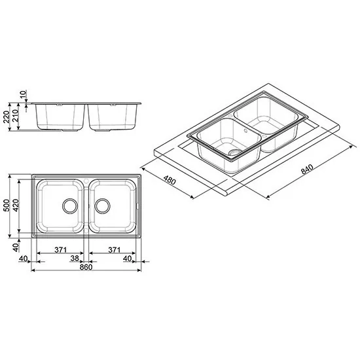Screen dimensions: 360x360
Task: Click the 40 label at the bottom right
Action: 128,259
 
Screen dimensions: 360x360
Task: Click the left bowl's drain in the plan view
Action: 69,206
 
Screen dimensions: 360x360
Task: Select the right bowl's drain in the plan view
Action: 102,206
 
